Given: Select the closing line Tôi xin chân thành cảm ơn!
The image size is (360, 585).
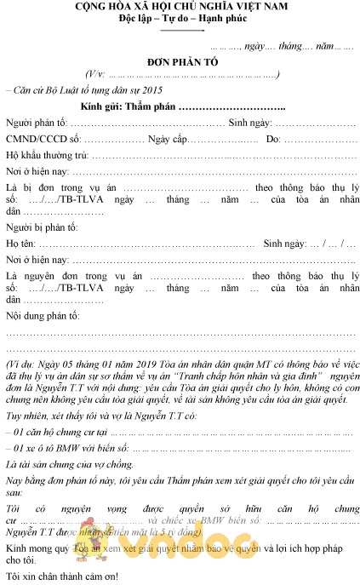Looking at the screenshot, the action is pos(62,575).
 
